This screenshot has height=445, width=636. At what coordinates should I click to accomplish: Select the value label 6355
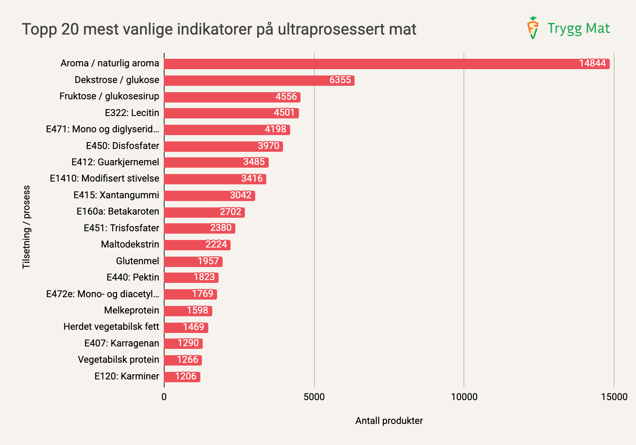click(x=340, y=80)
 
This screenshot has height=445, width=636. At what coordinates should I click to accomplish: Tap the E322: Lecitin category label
click(x=132, y=113)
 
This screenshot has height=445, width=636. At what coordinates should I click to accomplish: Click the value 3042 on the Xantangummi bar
click(x=240, y=195)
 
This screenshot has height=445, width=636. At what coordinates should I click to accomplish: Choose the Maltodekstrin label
click(x=130, y=244)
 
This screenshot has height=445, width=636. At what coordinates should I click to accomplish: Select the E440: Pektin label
click(x=132, y=277)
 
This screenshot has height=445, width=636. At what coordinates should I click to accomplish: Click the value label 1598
click(x=197, y=310)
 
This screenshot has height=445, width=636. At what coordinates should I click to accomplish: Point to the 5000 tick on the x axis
click(x=314, y=397)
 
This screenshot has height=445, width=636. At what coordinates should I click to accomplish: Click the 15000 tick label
click(x=614, y=397)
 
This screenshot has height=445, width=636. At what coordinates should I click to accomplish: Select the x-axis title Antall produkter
click(x=389, y=421)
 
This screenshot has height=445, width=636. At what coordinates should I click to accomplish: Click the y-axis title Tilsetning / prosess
click(x=26, y=227)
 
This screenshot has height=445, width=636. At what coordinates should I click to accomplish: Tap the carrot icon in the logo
click(x=532, y=27)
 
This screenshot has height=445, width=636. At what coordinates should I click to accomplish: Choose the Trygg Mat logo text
click(x=578, y=29)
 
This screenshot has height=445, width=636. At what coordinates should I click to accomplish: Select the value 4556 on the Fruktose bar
click(x=286, y=97)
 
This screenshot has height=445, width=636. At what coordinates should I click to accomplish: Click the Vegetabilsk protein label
click(x=118, y=360)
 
